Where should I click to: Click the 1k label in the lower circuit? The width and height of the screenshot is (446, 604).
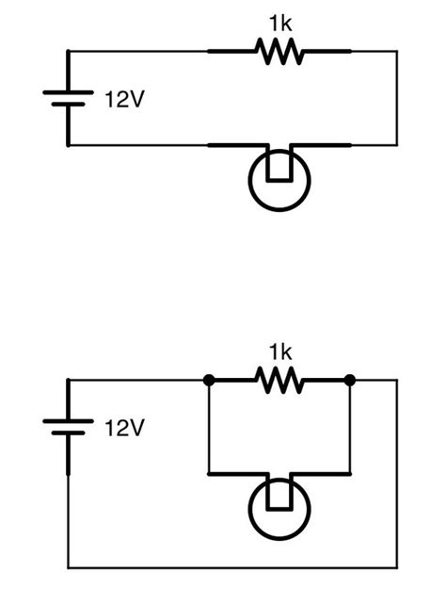(279, 352)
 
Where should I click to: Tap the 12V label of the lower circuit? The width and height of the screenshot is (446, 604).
(124, 429)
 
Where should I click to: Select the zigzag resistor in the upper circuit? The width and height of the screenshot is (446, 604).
(279, 52)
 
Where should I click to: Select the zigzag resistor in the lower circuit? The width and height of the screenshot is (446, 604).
(279, 381)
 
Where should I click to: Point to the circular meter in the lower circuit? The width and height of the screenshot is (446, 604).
(279, 510)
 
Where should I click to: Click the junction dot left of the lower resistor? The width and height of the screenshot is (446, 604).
(208, 381)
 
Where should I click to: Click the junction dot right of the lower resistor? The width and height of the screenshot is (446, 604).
(350, 381)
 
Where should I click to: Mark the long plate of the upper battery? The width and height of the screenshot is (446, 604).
(68, 93)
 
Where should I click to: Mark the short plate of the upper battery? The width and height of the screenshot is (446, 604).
(68, 106)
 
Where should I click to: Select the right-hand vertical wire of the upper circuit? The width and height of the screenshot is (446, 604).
(396, 99)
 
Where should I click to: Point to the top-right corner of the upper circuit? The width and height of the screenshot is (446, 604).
(396, 52)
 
